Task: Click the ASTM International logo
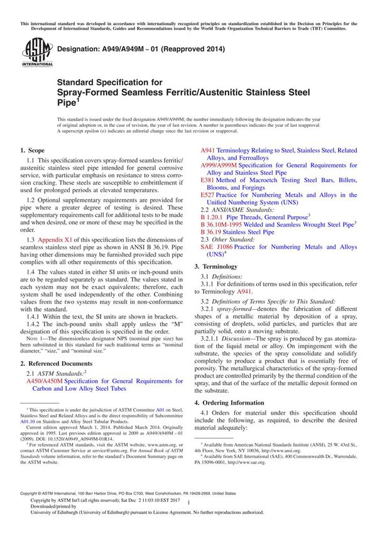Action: point(30,52)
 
